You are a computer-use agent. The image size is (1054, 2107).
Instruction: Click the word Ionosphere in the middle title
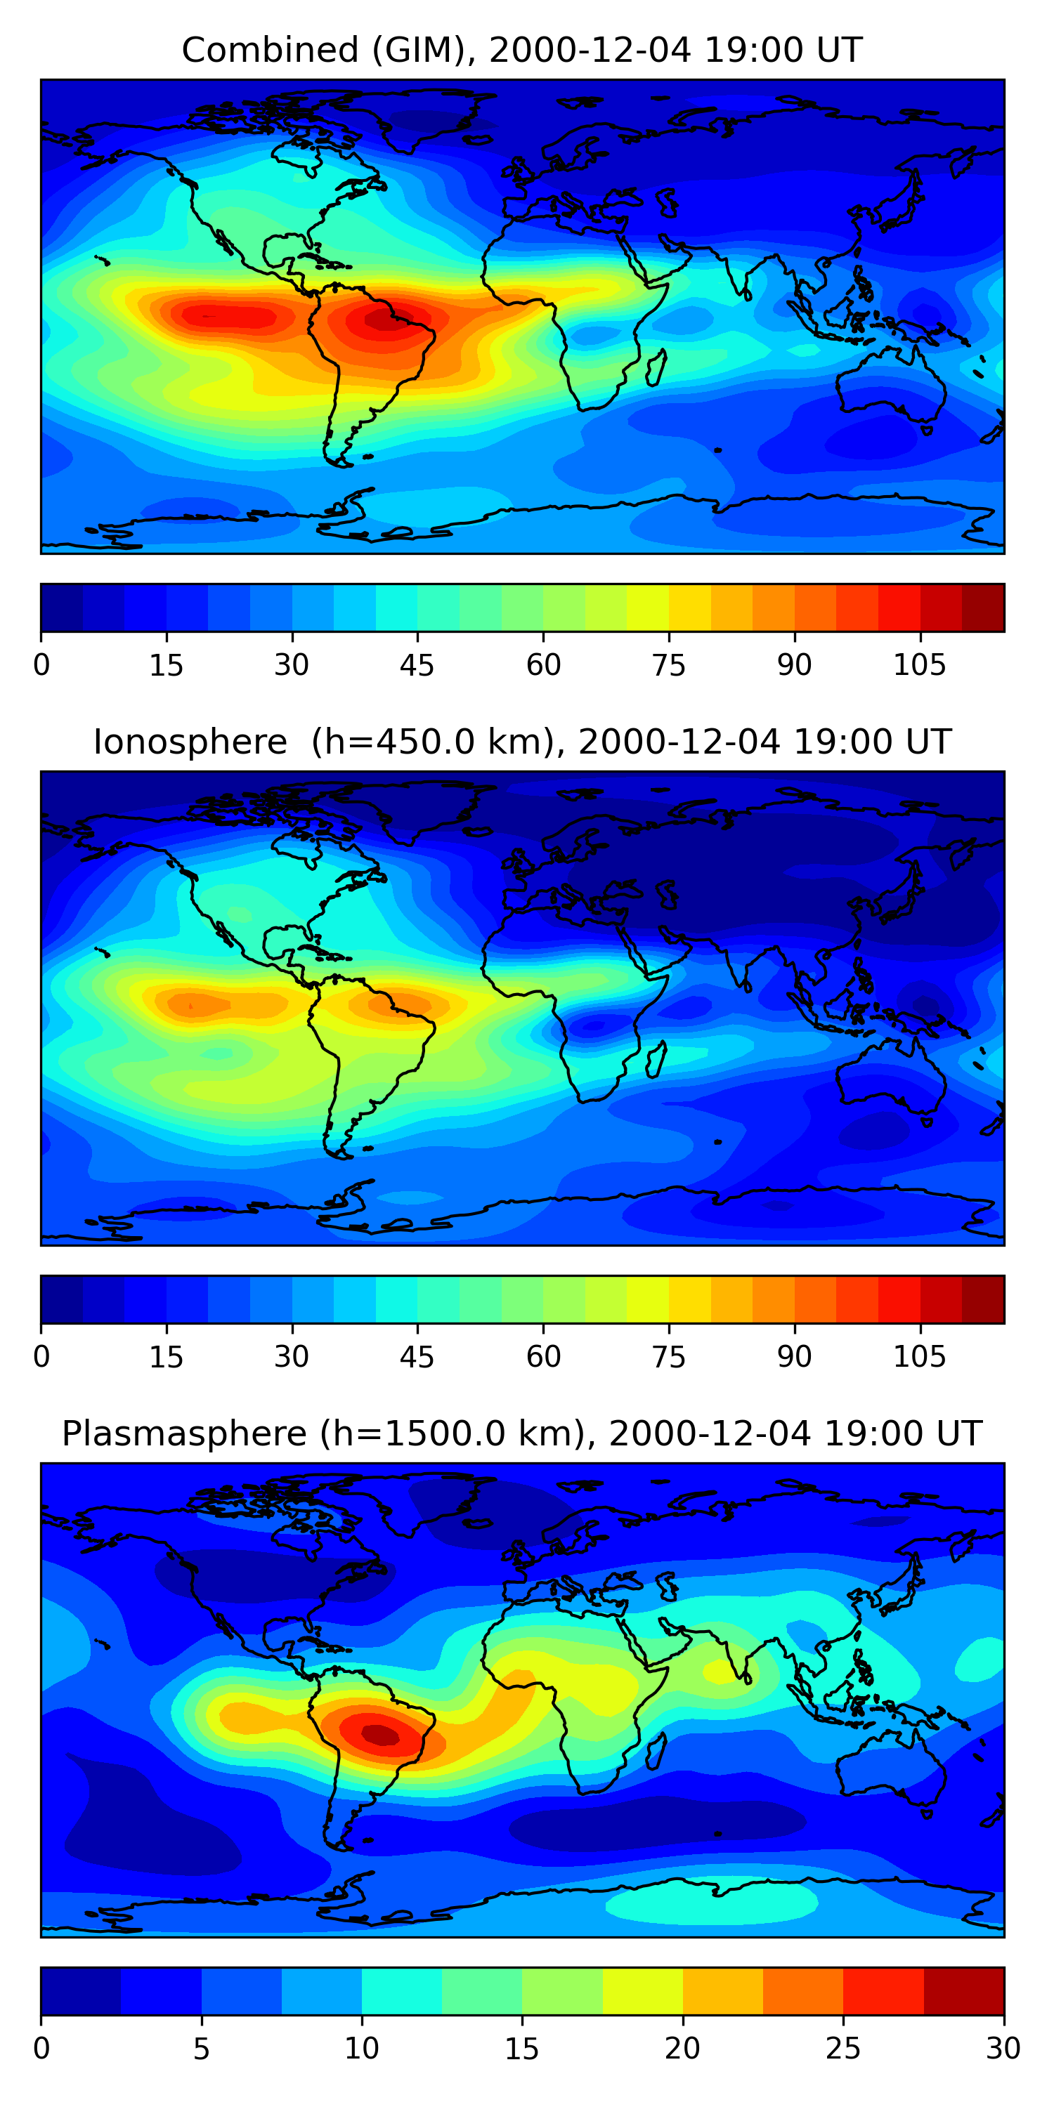point(190,742)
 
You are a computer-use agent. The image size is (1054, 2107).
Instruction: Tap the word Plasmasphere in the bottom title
point(183,1434)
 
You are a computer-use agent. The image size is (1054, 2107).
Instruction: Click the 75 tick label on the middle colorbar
point(668,1357)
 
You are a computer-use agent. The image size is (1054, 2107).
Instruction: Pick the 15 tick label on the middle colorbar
point(166,1357)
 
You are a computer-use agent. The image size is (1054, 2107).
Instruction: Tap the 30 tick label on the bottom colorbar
point(1003,2048)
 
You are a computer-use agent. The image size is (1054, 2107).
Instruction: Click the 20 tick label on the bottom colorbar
point(682,2048)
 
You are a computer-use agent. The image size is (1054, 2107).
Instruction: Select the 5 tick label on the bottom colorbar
point(201,2048)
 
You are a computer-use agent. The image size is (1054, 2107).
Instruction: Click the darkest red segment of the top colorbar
point(983,608)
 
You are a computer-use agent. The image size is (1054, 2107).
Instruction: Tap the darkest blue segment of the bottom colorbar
point(80,1991)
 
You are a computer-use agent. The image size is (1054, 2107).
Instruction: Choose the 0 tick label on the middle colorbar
point(41,1357)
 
